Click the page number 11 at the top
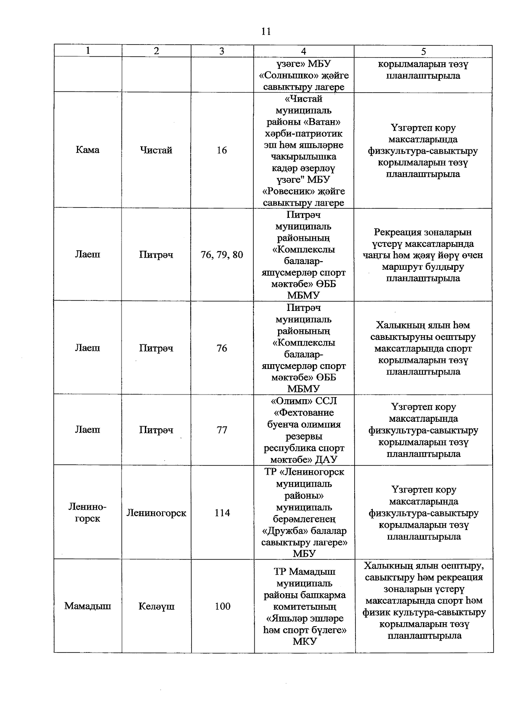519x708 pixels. click(266, 31)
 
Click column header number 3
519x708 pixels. click(222, 51)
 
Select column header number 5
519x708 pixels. click(423, 51)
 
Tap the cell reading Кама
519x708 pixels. click(87, 150)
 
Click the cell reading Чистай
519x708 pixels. click(156, 150)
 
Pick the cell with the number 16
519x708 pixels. click(222, 150)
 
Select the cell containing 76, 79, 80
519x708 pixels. click(222, 255)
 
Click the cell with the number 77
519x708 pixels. click(222, 430)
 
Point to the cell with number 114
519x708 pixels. click(222, 513)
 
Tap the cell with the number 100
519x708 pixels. click(222, 606)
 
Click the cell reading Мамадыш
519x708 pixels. click(87, 606)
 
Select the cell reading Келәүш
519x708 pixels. click(157, 606)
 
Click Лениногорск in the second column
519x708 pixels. click(156, 513)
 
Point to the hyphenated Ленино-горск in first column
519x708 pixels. click(87, 513)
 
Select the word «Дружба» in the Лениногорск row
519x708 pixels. click(282, 530)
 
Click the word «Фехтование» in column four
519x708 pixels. click(304, 413)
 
